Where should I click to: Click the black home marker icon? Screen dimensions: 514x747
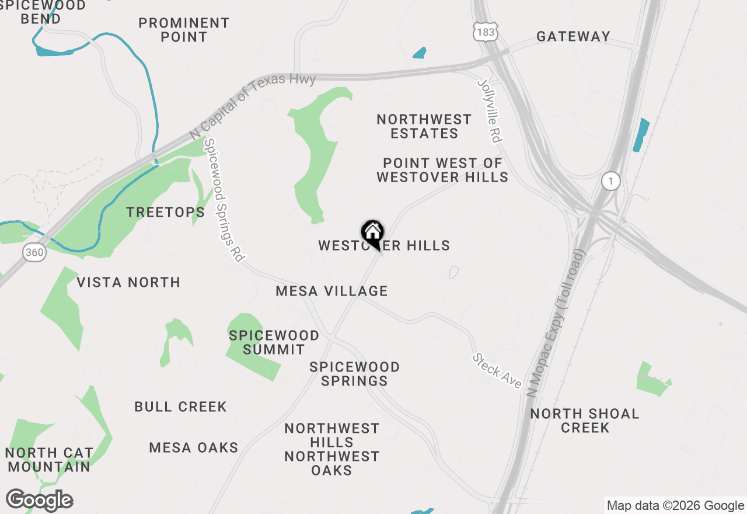[372, 233]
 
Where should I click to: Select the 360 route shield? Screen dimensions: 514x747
[34, 252]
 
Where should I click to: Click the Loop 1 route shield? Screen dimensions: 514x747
[610, 182]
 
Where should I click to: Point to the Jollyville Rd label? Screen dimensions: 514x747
[490, 110]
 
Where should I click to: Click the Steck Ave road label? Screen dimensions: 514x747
[497, 370]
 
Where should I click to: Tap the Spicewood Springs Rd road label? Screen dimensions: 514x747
[223, 200]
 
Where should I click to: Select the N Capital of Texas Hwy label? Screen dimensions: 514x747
[253, 106]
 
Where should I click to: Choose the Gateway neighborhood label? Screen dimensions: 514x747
[573, 36]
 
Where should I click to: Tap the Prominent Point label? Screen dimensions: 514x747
[184, 30]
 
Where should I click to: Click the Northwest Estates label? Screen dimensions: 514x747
[424, 126]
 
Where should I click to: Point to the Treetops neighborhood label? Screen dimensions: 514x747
[166, 212]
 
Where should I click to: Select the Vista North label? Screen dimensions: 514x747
[128, 282]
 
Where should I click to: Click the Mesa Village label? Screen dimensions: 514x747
[331, 290]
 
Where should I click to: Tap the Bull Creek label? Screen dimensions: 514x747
[180, 407]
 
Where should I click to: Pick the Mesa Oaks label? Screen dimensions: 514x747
[194, 447]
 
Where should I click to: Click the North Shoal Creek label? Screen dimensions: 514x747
[585, 421]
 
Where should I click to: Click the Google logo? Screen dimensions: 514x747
[39, 501]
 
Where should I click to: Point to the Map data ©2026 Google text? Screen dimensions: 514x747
[675, 506]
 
